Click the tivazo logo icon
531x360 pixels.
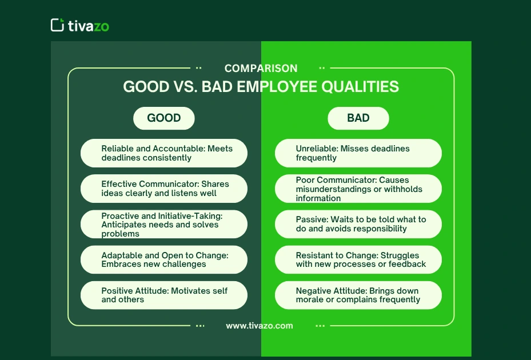(x=57, y=25)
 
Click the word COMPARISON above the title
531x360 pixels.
(x=261, y=69)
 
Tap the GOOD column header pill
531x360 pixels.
(x=164, y=118)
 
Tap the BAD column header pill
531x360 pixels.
(x=358, y=118)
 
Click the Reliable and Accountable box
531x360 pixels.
(x=164, y=153)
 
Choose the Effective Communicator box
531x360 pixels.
(x=164, y=189)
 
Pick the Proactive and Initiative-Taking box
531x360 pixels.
(x=164, y=224)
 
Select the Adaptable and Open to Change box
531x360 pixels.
(x=164, y=259)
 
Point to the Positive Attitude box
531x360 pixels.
(x=164, y=295)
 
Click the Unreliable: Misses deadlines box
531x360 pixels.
(x=358, y=153)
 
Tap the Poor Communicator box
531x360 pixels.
(x=358, y=189)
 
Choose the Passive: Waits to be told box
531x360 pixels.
(x=358, y=224)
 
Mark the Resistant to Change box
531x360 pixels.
(x=358, y=259)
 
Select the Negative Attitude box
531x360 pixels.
(x=358, y=295)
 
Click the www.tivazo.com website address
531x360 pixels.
(x=259, y=326)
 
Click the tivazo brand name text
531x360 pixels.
(x=88, y=26)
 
